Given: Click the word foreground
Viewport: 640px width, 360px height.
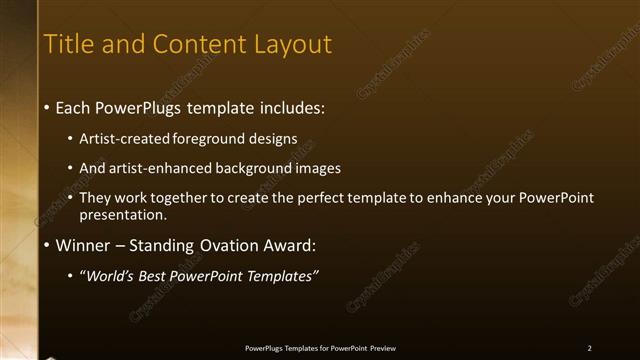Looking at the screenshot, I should pyautogui.click(x=206, y=139).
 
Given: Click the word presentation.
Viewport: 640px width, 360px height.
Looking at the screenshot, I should pyautogui.click(x=122, y=214).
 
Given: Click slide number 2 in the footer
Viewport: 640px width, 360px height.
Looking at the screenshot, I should pyautogui.click(x=590, y=348).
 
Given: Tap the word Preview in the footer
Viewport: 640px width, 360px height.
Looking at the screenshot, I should pyautogui.click(x=382, y=348).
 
